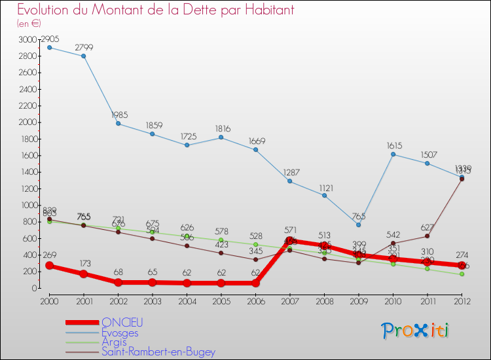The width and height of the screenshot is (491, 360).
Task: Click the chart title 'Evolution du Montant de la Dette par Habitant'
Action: (155, 10)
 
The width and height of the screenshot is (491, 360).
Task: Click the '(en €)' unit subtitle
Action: (29, 24)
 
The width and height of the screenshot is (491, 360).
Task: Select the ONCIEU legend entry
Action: (122, 322)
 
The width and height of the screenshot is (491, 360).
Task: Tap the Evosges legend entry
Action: (120, 332)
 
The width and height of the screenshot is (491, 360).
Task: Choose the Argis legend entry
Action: (115, 342)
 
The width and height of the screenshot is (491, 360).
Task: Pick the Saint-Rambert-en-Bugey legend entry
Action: (158, 351)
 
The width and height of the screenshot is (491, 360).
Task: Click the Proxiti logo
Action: (415, 331)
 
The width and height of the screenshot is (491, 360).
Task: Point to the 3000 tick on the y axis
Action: (29, 39)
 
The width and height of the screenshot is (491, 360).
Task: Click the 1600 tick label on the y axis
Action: (29, 155)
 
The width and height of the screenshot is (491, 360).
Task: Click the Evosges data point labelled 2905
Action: (49, 47)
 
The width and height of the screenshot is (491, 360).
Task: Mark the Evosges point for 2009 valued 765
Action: (358, 225)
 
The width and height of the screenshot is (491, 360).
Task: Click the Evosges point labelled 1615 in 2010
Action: (393, 154)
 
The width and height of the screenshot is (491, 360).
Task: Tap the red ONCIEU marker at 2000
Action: (49, 266)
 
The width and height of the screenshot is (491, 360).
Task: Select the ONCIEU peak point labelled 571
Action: (289, 241)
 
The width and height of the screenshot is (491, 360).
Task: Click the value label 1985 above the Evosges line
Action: (118, 115)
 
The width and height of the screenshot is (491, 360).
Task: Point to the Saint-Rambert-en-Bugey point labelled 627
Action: (427, 236)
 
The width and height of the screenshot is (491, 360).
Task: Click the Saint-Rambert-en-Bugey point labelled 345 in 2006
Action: (255, 259)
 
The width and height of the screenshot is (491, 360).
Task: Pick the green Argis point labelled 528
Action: (255, 244)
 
